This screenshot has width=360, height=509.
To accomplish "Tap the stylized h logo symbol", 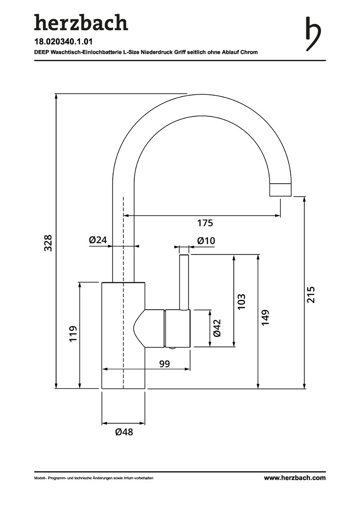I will click(312, 34).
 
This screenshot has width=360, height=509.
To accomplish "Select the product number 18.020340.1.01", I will click(63, 42).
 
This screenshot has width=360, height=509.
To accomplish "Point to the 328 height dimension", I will click(48, 242).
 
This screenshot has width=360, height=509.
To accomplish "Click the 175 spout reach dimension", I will click(205, 222).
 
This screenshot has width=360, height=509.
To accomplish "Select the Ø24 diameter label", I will click(98, 240).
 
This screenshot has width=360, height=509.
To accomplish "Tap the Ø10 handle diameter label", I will click(206, 241).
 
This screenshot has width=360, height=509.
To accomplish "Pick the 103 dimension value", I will click(241, 302).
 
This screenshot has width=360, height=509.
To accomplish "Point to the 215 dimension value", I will click(311, 295).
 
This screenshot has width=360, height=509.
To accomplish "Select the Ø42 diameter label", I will click(217, 328).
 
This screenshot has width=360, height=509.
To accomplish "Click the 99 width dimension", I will click(164, 363).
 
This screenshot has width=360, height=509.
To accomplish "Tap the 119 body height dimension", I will click(73, 334).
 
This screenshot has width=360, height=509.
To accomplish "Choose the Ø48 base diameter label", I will click(124, 432).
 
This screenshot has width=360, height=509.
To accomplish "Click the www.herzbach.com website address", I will click(295, 478).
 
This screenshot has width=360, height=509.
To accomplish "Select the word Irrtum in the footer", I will click(116, 478).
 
